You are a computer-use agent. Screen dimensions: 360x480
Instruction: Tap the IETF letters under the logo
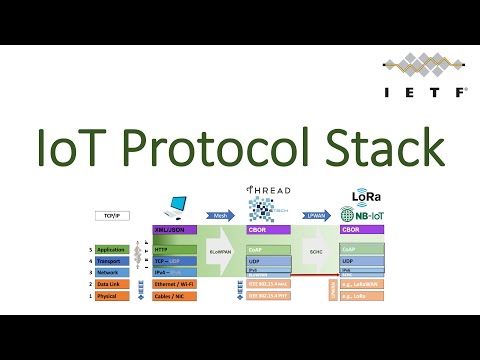426,90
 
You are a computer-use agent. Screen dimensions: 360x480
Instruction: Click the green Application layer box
111,248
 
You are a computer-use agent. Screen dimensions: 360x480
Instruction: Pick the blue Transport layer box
111,260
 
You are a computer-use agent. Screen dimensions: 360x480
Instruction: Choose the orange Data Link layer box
111,284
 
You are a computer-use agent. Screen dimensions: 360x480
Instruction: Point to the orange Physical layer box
111,296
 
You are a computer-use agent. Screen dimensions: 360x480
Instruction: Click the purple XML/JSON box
175,230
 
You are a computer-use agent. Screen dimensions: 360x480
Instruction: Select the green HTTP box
175,248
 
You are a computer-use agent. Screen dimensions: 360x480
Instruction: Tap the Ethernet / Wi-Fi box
175,284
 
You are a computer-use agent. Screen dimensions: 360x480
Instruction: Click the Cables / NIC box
175,296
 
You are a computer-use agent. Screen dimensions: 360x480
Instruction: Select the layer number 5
91,248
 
